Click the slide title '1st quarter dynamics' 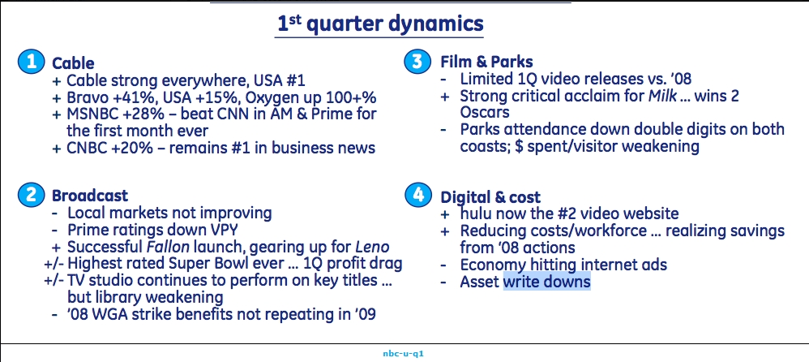pos(380,24)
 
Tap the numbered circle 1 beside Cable pos(29,62)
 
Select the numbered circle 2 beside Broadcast pos(29,196)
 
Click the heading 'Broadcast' pos(89,196)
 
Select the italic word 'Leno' pos(372,247)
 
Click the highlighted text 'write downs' pos(546,282)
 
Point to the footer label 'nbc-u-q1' pos(404,354)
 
